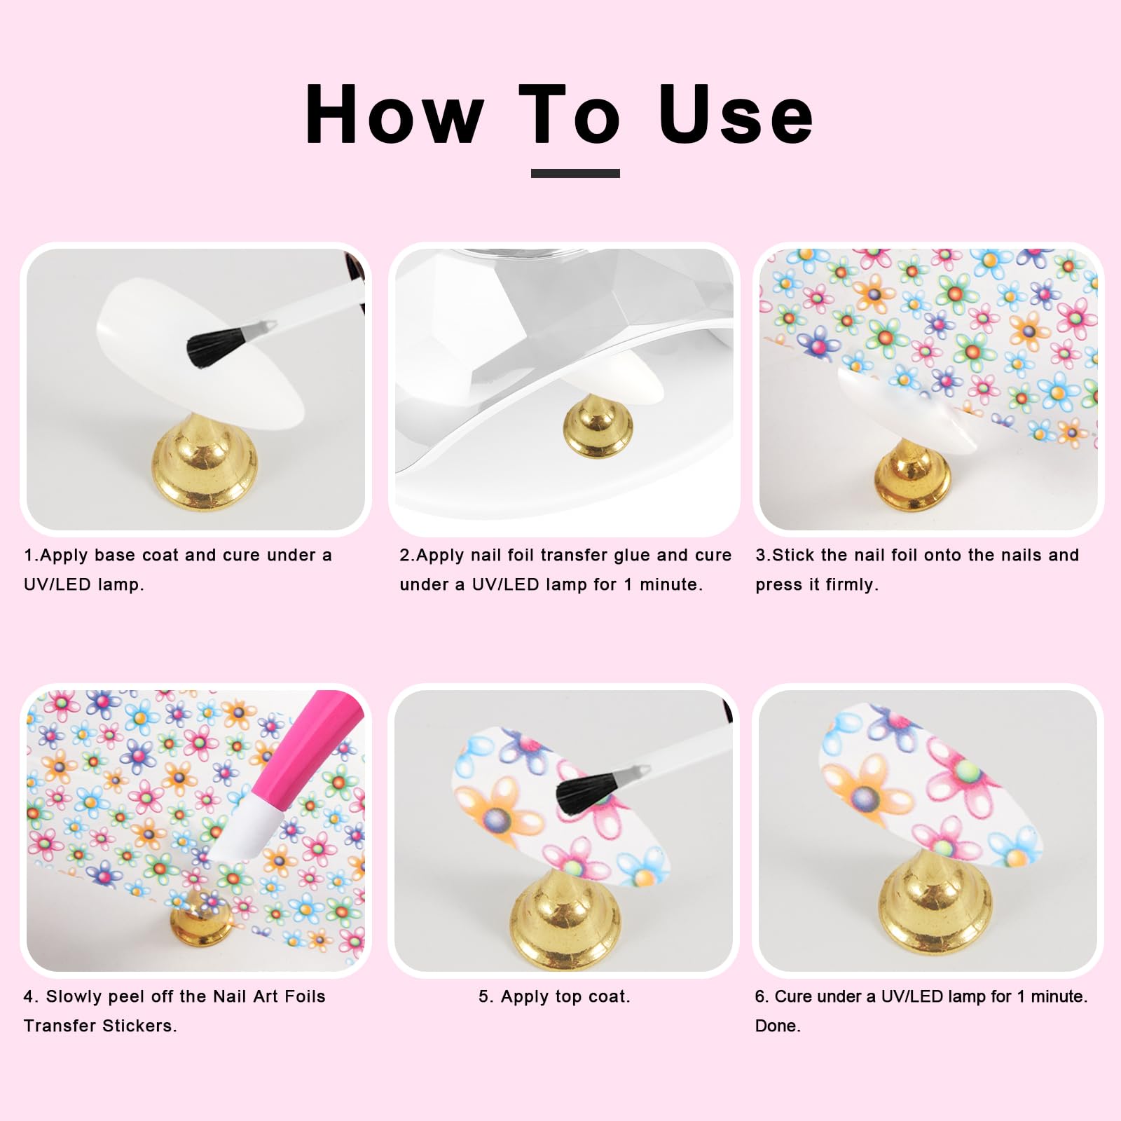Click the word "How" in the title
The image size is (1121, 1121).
(394, 114)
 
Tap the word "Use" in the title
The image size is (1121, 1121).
(736, 114)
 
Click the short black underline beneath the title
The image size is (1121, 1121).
(575, 173)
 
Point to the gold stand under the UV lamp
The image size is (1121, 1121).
(598, 425)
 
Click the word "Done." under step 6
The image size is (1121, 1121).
(778, 1026)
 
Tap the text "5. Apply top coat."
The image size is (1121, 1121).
(554, 997)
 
